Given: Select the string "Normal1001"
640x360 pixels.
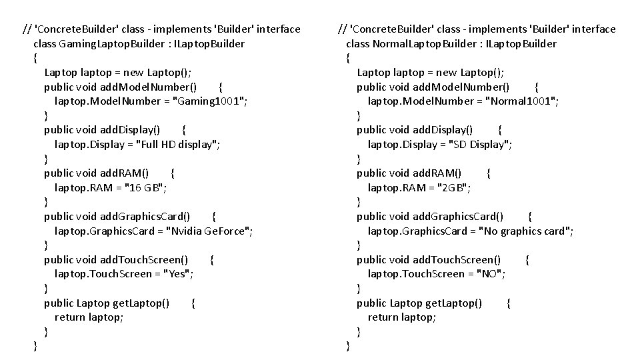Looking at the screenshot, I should tap(522, 101).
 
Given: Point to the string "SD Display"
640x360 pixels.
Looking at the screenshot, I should tap(481, 145).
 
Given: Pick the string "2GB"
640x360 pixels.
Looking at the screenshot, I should tap(453, 188).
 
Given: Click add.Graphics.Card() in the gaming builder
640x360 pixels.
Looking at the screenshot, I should tap(145, 217).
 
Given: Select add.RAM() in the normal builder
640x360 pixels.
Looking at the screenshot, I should tap(437, 173).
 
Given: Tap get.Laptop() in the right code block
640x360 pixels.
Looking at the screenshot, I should tap(452, 303).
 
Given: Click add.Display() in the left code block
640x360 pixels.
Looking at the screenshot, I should tap(129, 130).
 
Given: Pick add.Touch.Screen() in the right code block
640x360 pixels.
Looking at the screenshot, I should tap(457, 260).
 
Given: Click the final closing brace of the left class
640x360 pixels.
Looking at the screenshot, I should tap(35, 346).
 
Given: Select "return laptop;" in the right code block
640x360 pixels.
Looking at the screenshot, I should tap(402, 317).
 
